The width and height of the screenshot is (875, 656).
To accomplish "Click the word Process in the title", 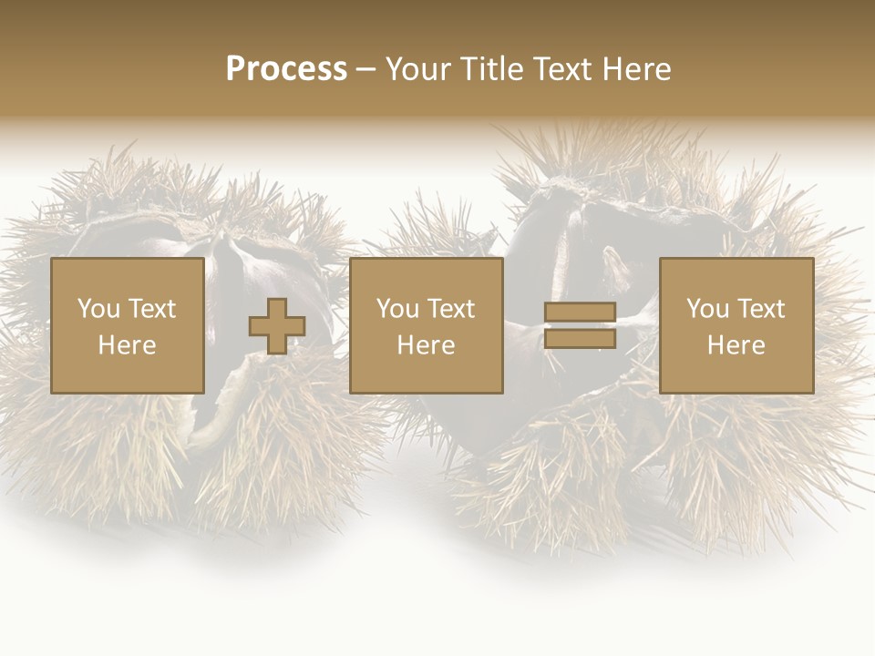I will pyautogui.click(x=286, y=68).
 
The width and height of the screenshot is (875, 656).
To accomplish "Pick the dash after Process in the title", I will pyautogui.click(x=366, y=70).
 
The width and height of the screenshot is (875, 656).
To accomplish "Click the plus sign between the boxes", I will pyautogui.click(x=277, y=326).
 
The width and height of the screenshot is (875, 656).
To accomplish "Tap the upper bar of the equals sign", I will pyautogui.click(x=580, y=313).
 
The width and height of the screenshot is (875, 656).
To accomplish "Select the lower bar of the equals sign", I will pyautogui.click(x=580, y=339).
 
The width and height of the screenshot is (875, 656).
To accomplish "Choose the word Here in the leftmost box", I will pyautogui.click(x=127, y=345).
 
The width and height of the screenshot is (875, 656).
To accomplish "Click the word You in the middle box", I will pyautogui.click(x=397, y=309).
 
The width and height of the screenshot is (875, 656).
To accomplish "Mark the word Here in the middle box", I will pyautogui.click(x=426, y=345).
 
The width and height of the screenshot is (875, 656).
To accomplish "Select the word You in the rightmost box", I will pyautogui.click(x=707, y=309).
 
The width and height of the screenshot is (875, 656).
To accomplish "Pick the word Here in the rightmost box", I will pyautogui.click(x=736, y=345).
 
